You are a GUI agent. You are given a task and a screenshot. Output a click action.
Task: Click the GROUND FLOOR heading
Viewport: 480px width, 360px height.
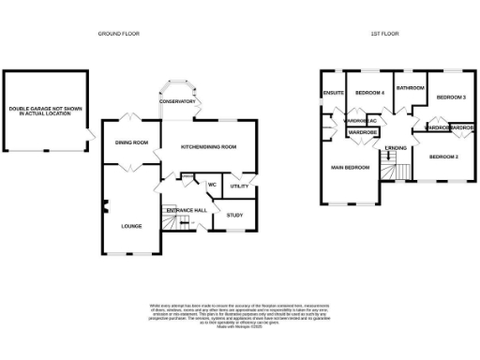point(120,33)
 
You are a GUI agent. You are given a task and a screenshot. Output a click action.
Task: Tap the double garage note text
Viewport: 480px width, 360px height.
point(47,111)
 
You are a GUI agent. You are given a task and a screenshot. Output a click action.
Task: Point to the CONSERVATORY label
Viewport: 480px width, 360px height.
point(177,100)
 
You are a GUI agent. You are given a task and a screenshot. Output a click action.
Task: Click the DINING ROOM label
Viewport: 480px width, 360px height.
point(131,142)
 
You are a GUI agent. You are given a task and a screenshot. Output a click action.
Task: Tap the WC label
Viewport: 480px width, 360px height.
point(212,185)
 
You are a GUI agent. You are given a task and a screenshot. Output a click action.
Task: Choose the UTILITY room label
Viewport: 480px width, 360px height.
point(239,187)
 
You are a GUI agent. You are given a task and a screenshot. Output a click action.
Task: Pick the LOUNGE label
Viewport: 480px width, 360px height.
point(130,226)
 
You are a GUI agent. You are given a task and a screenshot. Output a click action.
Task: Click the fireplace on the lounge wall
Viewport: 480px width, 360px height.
point(105,207)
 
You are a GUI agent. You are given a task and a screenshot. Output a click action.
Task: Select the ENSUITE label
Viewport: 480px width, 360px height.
point(333,94)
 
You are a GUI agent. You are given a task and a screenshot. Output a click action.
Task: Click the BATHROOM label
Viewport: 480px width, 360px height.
point(410,88)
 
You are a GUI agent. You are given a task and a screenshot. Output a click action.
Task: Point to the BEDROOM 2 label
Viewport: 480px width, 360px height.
point(443,156)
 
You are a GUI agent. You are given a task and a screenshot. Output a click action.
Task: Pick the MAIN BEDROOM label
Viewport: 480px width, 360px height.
point(349,168)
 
